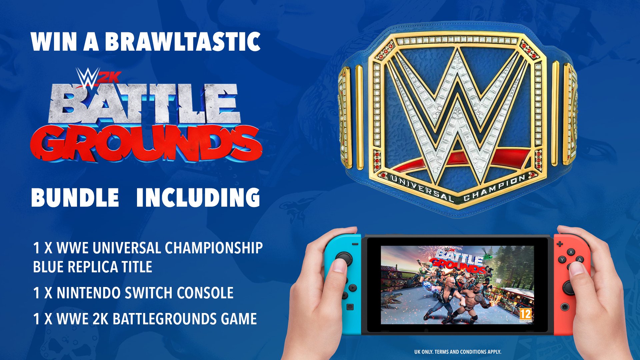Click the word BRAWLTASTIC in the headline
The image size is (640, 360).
[183, 42]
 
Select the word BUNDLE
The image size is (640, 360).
[75, 197]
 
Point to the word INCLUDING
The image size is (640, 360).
[198, 197]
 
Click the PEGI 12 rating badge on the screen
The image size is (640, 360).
[526, 315]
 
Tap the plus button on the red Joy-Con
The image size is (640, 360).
[560, 244]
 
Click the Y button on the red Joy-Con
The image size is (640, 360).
[562, 259]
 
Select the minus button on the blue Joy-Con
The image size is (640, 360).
[355, 244]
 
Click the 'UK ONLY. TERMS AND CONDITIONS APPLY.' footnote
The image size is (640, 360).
[458, 352]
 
